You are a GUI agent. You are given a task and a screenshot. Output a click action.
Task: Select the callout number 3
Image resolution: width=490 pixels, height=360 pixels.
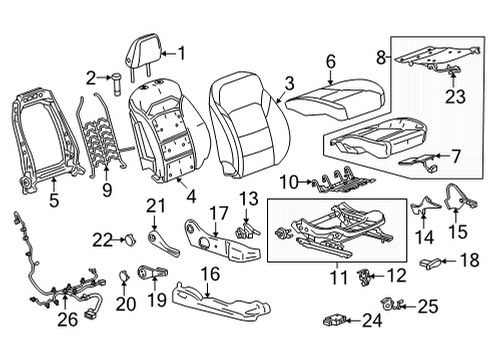pyautogui.click(x=289, y=85)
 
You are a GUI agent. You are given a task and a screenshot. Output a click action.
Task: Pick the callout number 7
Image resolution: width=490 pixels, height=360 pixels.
pyautogui.click(x=456, y=157)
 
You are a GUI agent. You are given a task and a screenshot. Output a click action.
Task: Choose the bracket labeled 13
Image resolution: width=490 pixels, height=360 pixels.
pyautogui.click(x=244, y=232)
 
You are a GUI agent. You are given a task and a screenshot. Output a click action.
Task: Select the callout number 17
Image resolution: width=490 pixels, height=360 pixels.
pyautogui.click(x=218, y=212)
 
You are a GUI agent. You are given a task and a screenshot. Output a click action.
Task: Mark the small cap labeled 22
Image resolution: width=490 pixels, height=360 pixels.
pyautogui.click(x=128, y=237)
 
